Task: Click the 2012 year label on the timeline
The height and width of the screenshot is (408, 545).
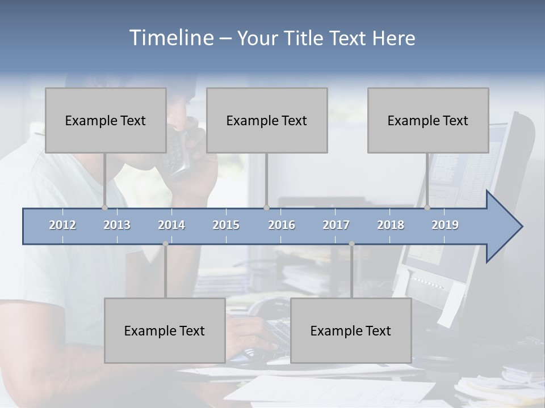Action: (62, 226)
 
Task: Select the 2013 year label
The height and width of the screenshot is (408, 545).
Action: (117, 226)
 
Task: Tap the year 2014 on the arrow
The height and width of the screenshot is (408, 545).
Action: (171, 226)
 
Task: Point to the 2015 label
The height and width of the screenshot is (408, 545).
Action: (226, 226)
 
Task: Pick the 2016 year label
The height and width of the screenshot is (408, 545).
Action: (282, 226)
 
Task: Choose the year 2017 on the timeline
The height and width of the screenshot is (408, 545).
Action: (336, 226)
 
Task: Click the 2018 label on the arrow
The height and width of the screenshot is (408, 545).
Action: (391, 226)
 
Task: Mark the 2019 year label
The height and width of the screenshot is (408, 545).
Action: (445, 226)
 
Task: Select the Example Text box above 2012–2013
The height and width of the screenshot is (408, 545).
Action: (106, 120)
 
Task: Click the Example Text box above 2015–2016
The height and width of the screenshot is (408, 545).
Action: (267, 120)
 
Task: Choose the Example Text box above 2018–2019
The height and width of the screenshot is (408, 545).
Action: (428, 120)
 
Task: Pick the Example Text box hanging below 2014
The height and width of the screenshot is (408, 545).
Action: (165, 330)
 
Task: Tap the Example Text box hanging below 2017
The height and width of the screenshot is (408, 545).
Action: (351, 330)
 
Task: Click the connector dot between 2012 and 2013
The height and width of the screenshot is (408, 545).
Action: (104, 208)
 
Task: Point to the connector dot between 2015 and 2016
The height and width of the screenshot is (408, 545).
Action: (266, 208)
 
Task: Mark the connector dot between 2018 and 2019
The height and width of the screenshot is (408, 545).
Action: (427, 208)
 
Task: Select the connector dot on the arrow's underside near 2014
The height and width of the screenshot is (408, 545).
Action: (165, 244)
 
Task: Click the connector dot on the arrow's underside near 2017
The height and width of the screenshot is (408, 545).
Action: (351, 244)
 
